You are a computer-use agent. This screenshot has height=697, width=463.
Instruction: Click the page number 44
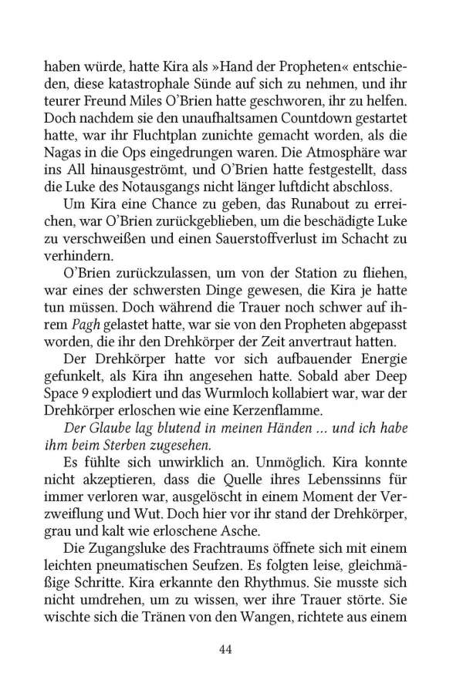click(x=225, y=650)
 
